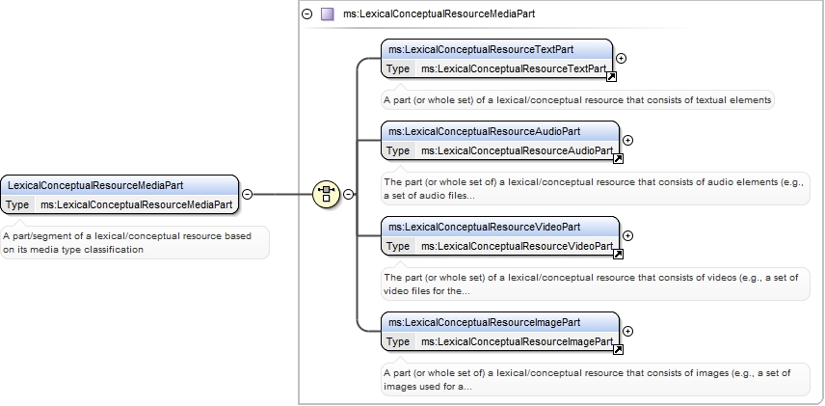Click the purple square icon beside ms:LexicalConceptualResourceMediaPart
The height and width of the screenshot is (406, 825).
[328, 14]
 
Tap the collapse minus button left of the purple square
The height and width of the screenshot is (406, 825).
[307, 14]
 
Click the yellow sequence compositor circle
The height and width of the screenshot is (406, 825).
[326, 194]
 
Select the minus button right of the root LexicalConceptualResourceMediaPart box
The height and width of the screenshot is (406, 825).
[247, 194]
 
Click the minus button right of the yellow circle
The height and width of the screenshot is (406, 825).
[348, 194]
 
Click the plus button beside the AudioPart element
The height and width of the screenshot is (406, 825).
[627, 140]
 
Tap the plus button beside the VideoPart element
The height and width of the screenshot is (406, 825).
[627, 235]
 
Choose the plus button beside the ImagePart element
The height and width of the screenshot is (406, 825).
[627, 331]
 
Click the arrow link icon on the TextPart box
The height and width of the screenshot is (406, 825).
[611, 77]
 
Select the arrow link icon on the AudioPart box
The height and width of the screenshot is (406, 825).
[618, 158]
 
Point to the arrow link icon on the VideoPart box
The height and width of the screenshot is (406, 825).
[618, 254]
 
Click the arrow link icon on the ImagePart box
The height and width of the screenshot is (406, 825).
[618, 349]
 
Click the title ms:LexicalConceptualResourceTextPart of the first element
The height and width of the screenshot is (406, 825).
[481, 49]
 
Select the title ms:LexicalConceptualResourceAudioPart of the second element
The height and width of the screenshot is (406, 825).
[484, 131]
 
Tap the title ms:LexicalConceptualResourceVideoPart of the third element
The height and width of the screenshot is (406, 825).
[484, 227]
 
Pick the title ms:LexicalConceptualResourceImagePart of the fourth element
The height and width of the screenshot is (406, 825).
[484, 322]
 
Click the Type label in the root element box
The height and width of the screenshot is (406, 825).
[17, 204]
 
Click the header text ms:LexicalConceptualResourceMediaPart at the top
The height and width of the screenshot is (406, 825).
[439, 14]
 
